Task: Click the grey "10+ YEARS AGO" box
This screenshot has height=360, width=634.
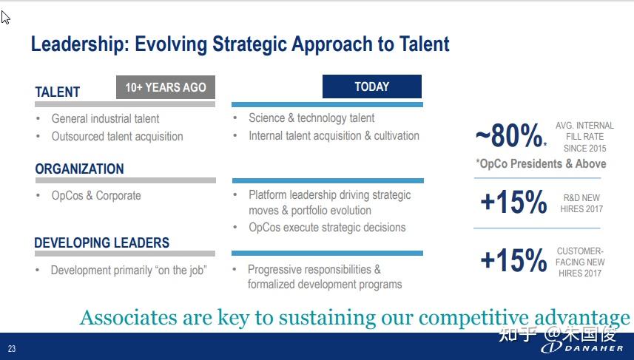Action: coord(166,87)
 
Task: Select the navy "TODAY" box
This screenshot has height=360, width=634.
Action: coord(372,86)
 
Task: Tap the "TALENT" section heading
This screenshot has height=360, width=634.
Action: coord(58,92)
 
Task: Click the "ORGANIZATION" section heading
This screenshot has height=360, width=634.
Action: coord(79,169)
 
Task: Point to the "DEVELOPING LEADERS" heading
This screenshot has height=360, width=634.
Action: coord(101,242)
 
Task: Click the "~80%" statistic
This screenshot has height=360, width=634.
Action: coord(510,135)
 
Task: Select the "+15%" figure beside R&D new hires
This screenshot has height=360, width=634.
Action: coord(513,201)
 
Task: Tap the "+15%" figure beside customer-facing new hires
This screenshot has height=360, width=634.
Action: coord(513,259)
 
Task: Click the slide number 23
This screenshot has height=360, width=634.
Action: coord(12,349)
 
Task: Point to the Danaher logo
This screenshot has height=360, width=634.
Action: coord(582,347)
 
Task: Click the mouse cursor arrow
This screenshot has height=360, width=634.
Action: coord(5,18)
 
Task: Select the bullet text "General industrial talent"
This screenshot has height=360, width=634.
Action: coord(105,118)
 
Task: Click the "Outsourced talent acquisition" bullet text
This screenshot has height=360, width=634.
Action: coord(118,136)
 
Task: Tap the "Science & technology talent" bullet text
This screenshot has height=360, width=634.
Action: coord(311,118)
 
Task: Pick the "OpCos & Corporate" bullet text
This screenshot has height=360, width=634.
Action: coord(96,196)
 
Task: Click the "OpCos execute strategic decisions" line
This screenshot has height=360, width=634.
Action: coord(327,227)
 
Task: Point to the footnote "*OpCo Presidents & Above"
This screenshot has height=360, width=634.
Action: coord(541,163)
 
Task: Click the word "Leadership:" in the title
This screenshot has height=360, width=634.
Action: coord(80,44)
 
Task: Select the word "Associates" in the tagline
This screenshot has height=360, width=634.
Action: coord(129,317)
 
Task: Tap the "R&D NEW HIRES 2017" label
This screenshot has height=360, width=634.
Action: coord(581,203)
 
